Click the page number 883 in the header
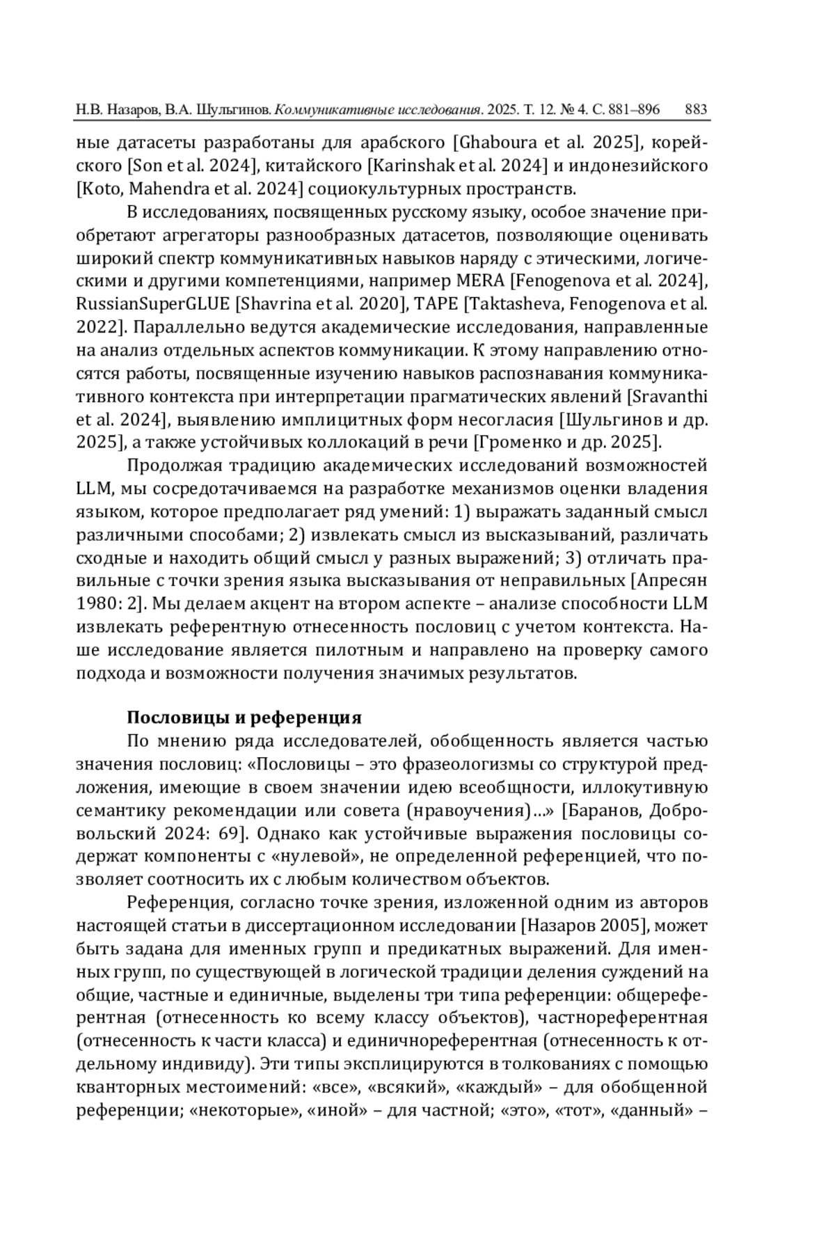pos(696,109)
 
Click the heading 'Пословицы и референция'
pos(244,717)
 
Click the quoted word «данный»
pos(650,1111)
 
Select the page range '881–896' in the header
pos(634,109)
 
